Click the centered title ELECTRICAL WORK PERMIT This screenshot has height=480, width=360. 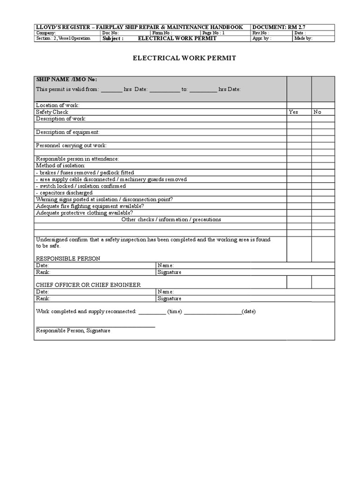click(184, 58)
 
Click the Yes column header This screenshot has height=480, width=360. click(293, 112)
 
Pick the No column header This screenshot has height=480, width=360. click(318, 112)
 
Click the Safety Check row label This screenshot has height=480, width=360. click(52, 112)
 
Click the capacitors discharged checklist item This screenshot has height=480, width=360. click(64, 193)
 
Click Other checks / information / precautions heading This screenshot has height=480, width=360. click(171, 219)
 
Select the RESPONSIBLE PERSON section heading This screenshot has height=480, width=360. click(68, 258)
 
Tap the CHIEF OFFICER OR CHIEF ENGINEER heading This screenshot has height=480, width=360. click(88, 285)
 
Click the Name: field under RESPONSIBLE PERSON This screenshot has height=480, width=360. click(166, 265)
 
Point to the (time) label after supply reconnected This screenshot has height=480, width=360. click(175, 311)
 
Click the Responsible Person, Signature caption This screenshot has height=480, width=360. click(73, 330)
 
